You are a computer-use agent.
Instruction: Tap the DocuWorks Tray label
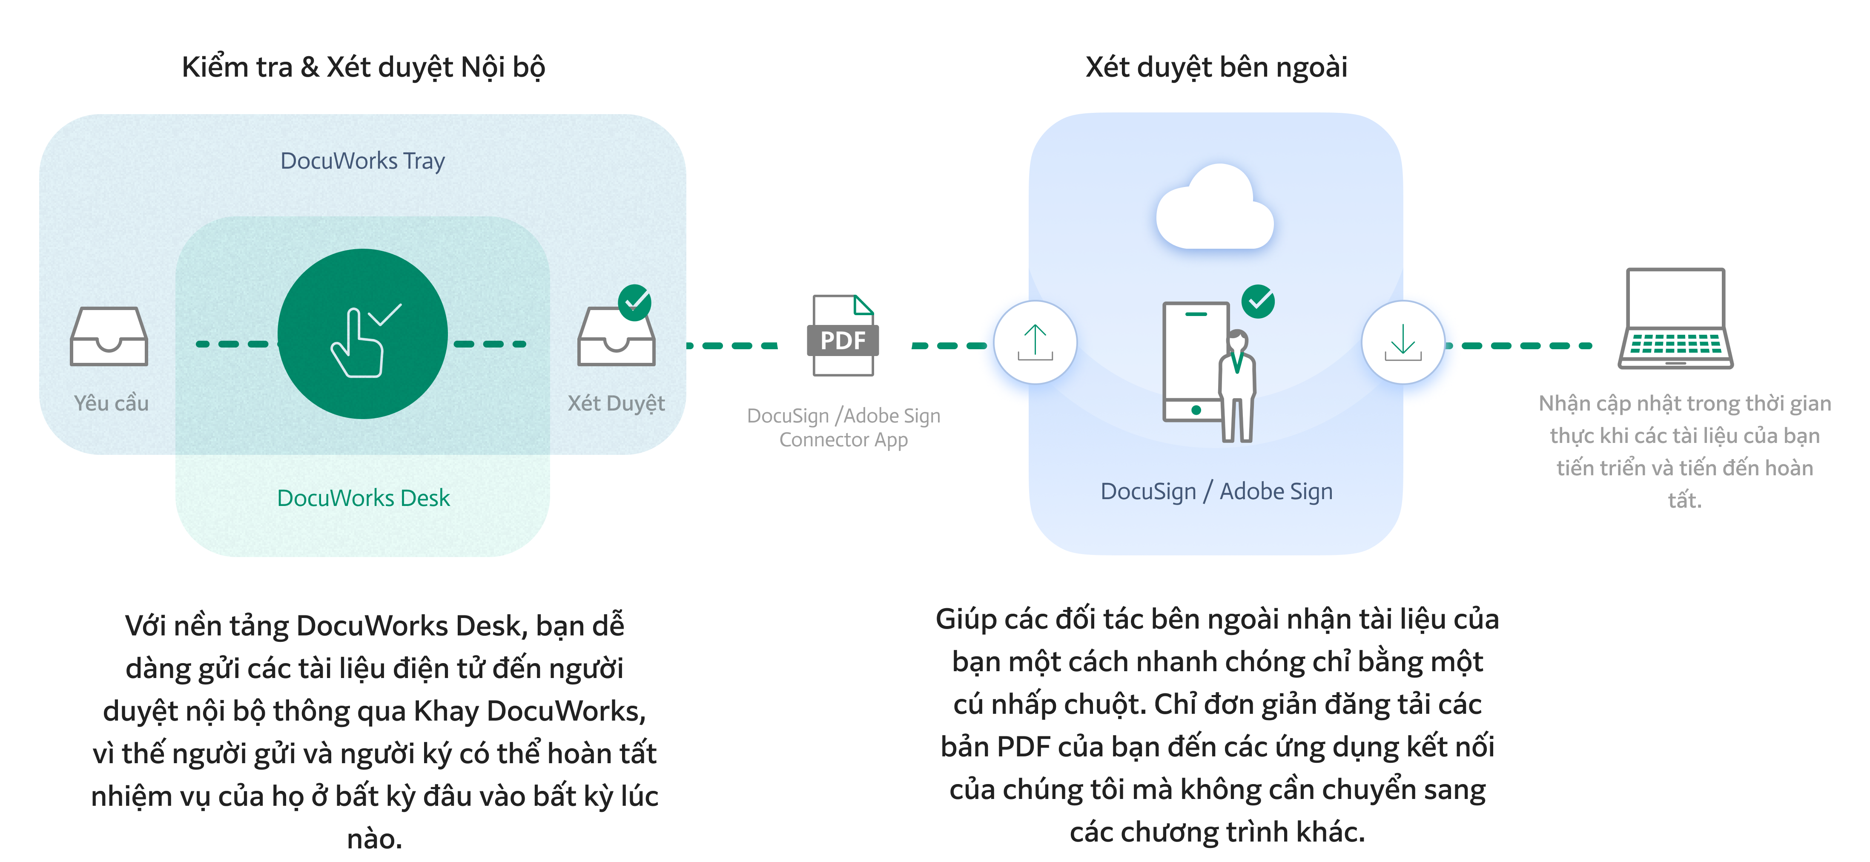tap(362, 161)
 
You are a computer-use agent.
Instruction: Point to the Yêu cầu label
tap(111, 403)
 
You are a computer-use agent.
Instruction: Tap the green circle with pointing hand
tap(362, 334)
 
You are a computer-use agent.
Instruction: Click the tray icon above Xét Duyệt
tap(616, 338)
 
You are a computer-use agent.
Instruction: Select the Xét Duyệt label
tap(616, 403)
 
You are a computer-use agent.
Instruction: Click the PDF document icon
tap(842, 336)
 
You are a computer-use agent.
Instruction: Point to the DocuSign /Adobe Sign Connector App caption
tap(843, 428)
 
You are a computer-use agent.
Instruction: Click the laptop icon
tap(1675, 319)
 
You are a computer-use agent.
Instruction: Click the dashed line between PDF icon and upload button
tap(948, 346)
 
